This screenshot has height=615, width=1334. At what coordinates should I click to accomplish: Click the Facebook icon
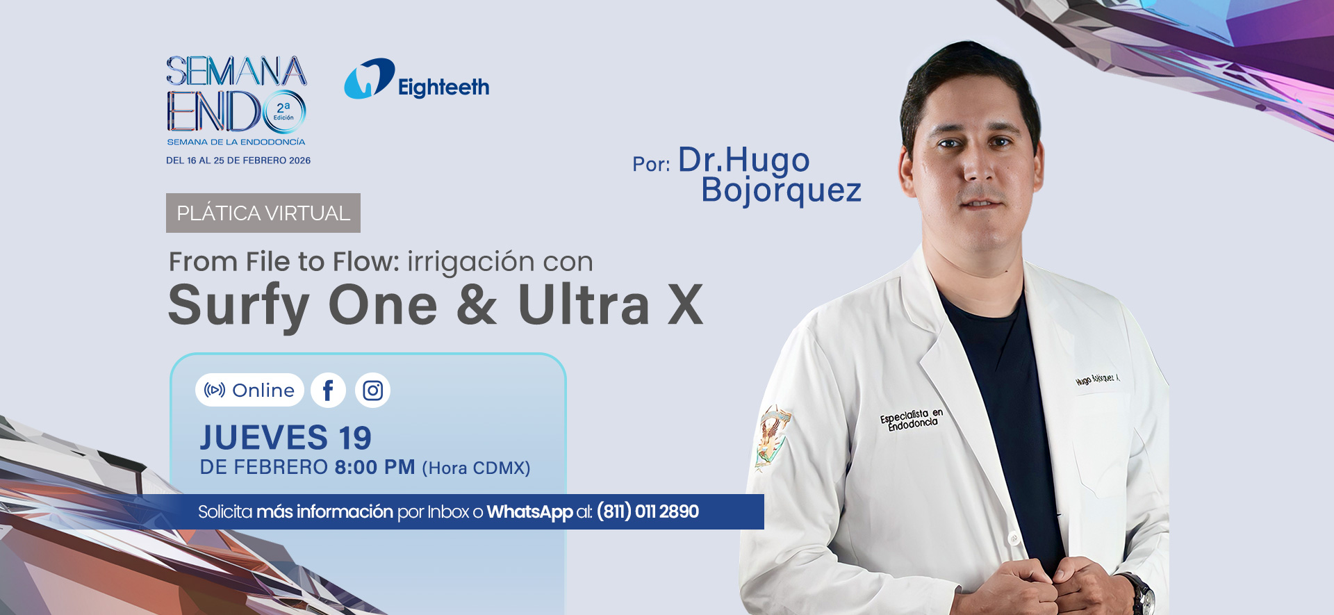(328, 391)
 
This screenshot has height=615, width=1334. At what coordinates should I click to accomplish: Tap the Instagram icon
(372, 391)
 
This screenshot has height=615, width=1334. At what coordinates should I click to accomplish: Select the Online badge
(249, 391)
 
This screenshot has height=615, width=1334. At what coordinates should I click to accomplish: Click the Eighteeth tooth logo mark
(369, 79)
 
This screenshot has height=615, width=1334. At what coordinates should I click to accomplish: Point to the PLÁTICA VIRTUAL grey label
(263, 213)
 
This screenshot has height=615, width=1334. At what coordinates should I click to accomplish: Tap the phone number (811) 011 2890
(648, 512)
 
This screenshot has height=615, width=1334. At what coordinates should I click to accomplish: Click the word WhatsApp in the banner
(529, 512)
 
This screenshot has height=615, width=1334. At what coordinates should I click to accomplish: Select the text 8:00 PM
(375, 467)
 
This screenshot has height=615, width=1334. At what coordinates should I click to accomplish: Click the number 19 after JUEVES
(355, 438)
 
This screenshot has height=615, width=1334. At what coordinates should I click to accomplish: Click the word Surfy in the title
(238, 306)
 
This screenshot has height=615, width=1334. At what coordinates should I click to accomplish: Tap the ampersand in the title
(477, 306)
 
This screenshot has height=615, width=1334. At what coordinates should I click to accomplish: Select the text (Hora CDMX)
(476, 468)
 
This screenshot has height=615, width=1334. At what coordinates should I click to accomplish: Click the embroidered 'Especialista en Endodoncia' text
(912, 419)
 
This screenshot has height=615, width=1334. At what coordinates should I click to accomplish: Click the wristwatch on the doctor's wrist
(1139, 592)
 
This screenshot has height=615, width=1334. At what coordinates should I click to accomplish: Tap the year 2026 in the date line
(299, 161)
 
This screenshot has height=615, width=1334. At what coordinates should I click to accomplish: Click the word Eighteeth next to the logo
(443, 88)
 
